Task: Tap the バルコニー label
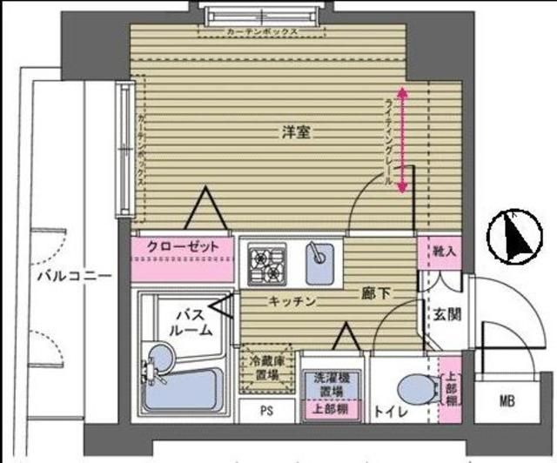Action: pyautogui.click(x=74, y=277)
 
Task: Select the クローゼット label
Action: pyautogui.click(x=183, y=246)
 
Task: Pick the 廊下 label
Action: pyautogui.click(x=375, y=293)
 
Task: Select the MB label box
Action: pyautogui.click(x=507, y=401)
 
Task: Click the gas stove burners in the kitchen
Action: pyautogui.click(x=267, y=265)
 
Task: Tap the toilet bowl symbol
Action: pyautogui.click(x=415, y=387)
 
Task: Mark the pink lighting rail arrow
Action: pyautogui.click(x=402, y=140)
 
